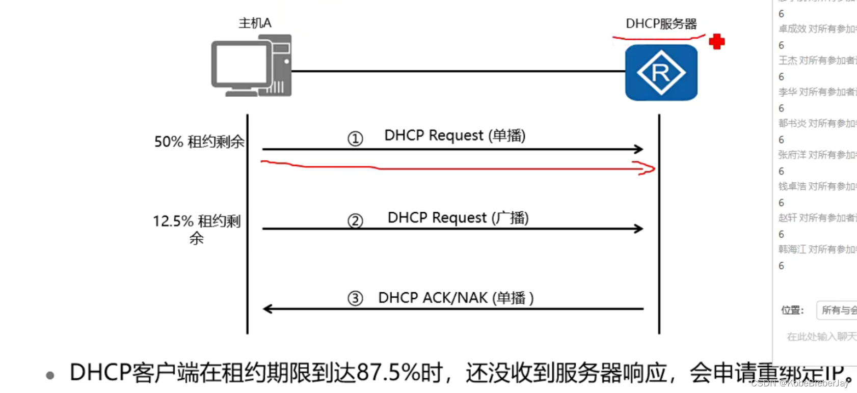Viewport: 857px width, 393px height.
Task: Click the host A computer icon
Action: [x=251, y=66]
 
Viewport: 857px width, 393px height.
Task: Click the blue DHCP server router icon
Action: [x=661, y=72]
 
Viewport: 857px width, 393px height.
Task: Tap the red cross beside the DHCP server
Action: [x=716, y=42]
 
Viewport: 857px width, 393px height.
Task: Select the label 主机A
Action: [x=255, y=23]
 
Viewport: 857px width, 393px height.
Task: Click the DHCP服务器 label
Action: [x=661, y=24]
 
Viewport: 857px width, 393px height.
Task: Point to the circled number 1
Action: [x=355, y=138]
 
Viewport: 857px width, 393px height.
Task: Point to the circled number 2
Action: [x=355, y=221]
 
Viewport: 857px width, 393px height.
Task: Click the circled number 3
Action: [x=355, y=298]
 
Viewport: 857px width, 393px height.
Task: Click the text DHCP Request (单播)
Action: [x=454, y=135]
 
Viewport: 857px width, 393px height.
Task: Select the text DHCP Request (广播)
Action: [x=458, y=218]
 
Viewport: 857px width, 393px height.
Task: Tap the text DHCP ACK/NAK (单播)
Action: [x=456, y=298]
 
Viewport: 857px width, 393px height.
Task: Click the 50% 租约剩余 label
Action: [x=199, y=142]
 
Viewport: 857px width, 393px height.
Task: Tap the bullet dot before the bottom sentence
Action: [x=50, y=376]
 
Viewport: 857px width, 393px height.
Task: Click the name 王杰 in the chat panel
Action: [x=788, y=61]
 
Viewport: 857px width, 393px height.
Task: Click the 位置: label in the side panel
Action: [x=792, y=310]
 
